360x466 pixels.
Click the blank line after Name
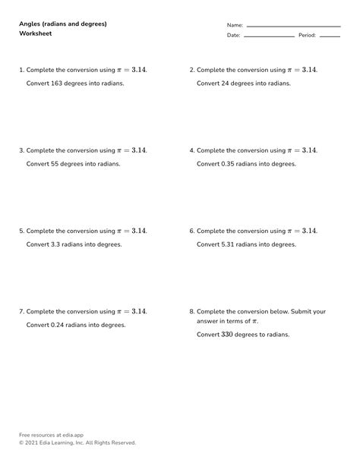point(293,27)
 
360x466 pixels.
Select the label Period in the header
point(306,35)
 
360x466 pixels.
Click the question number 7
point(21,311)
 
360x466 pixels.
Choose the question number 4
point(191,150)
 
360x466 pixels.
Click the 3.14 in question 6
point(308,231)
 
